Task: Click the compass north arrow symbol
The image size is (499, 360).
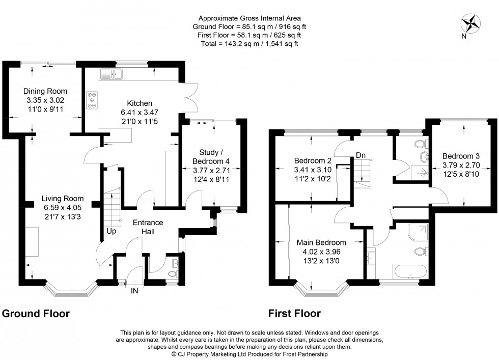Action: [471, 24]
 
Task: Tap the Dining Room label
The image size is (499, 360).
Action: [45, 91]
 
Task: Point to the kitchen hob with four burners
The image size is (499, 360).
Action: [93, 100]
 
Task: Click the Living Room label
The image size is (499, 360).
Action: [63, 199]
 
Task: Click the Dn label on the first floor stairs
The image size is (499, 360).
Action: [361, 155]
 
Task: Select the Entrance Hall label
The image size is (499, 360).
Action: [148, 227]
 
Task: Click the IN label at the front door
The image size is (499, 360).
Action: [134, 291]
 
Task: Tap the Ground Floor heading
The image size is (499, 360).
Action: [36, 313]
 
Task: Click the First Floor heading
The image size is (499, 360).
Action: [294, 313]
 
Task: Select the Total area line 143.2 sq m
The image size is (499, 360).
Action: [249, 44]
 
